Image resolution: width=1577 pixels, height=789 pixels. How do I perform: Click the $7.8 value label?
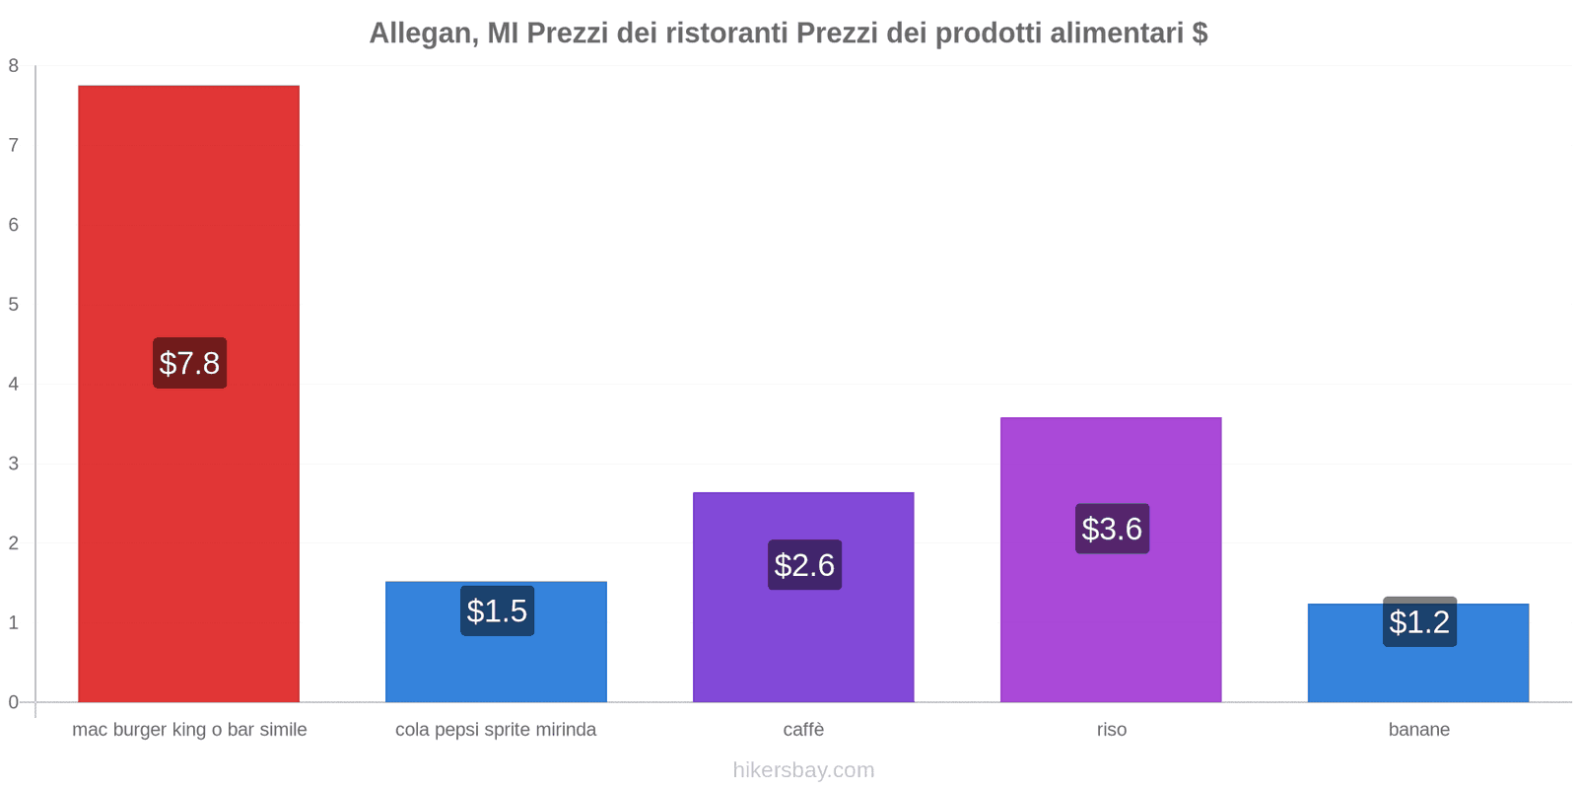(x=189, y=363)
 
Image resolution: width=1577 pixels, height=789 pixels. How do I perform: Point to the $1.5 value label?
(x=497, y=611)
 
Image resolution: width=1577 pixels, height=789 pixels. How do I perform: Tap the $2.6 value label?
(x=804, y=565)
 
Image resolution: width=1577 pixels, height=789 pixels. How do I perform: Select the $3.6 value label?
(x=1112, y=529)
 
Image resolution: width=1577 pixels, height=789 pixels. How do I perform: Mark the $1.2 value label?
(x=1419, y=622)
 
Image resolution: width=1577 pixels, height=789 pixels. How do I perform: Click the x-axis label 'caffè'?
(x=803, y=730)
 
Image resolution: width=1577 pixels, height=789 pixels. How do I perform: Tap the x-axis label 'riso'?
(x=1111, y=730)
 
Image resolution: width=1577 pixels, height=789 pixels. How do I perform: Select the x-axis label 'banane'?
(x=1418, y=730)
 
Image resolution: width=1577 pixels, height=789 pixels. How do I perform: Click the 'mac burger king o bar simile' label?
(x=189, y=730)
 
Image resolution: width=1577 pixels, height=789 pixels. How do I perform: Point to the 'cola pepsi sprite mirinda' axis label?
(x=496, y=730)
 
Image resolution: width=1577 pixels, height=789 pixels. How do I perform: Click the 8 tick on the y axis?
(x=14, y=66)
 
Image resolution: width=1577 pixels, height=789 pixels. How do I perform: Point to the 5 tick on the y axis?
(x=14, y=305)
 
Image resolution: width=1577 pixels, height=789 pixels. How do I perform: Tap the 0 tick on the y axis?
(x=14, y=702)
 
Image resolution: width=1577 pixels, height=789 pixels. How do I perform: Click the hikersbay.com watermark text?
(x=803, y=770)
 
